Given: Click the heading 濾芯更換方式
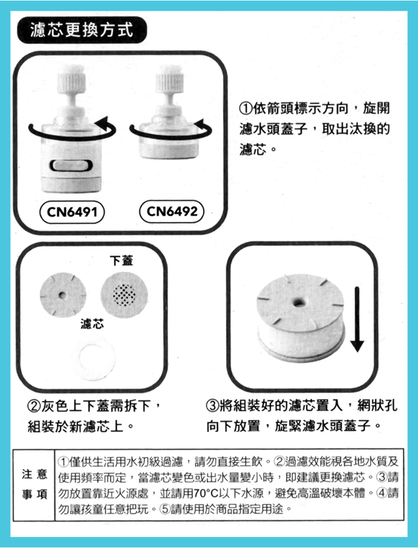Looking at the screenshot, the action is (82, 30).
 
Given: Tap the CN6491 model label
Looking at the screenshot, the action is (72, 212).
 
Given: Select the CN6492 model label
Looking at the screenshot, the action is (172, 211).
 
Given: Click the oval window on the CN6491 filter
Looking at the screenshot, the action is (71, 166).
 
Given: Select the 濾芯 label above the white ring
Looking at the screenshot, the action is (92, 324).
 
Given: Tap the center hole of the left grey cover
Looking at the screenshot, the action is (62, 295).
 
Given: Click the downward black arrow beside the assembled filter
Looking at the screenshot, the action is (357, 319).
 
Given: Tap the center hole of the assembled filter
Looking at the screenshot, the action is (298, 302).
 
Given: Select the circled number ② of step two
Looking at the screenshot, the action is (34, 406).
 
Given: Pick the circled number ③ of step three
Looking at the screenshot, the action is (213, 406).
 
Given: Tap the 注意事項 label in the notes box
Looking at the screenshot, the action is (34, 484).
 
